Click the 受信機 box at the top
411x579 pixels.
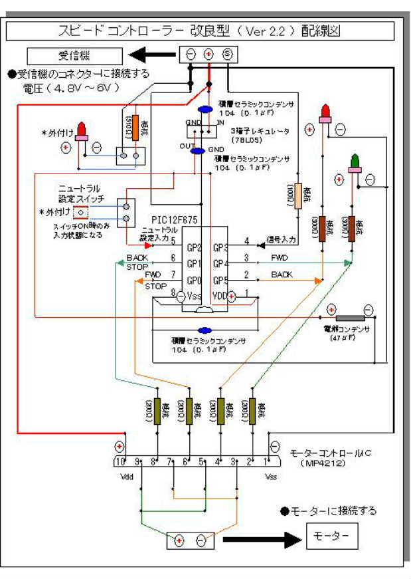click(74, 55)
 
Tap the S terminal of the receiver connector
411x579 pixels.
click(226, 55)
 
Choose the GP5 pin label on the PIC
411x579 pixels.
click(221, 280)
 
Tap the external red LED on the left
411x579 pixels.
click(82, 130)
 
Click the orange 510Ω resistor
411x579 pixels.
click(135, 127)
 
